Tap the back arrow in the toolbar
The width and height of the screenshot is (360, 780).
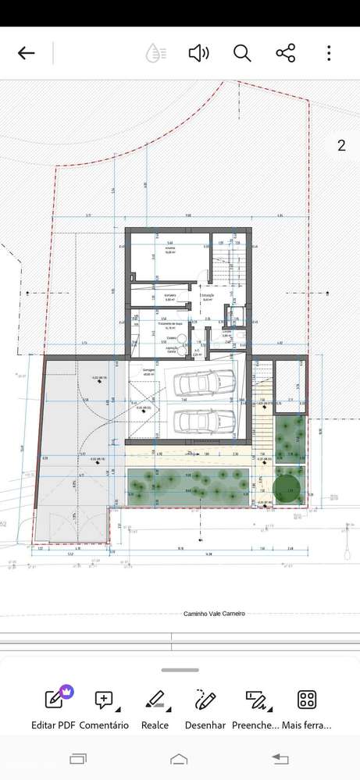pos(27,53)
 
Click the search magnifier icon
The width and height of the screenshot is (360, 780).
pos(242,53)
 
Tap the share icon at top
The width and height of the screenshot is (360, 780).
pos(286,53)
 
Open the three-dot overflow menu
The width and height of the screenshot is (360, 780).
pos(330,53)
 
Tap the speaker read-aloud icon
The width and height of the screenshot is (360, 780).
pos(198,53)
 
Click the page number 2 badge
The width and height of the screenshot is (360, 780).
pos(341,145)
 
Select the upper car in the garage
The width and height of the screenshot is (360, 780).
pos(205,383)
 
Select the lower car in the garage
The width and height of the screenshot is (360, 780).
pos(205,421)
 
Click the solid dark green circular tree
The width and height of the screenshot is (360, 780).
pos(287,488)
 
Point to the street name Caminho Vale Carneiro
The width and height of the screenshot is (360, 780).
pos(214,614)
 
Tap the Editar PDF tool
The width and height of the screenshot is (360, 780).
pos(54,707)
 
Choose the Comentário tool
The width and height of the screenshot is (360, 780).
pos(104,707)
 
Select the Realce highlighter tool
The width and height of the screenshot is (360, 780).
pos(155,707)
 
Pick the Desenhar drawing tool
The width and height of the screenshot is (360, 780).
pos(205,707)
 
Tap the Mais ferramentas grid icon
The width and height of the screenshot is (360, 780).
pos(307,707)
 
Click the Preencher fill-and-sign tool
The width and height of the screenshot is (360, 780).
pos(255,707)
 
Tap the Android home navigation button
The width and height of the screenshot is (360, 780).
pos(179,759)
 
